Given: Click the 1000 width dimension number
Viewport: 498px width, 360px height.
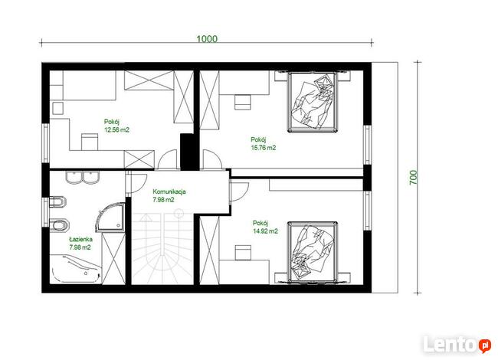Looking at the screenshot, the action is (207, 39).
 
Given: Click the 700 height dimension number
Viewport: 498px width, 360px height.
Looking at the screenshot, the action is (413, 178).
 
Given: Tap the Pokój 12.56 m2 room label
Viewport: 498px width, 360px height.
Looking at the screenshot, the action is (116, 126).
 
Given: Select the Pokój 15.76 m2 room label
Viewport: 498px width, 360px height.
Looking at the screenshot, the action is (264, 143).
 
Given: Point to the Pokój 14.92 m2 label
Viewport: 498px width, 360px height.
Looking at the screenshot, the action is (265, 227).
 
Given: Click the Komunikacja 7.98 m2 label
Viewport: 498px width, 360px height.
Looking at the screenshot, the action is (169, 195).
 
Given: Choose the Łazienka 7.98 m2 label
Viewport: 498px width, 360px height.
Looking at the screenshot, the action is (80, 243).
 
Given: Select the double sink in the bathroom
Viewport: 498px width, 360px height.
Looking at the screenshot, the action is (83, 177).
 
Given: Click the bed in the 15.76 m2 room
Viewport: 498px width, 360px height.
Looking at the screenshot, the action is (312, 102).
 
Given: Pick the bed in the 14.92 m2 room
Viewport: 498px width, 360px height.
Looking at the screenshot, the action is (312, 252).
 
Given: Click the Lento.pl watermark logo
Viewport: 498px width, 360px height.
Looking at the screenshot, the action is (457, 344).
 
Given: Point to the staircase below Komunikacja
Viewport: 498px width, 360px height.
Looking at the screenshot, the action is (162, 248).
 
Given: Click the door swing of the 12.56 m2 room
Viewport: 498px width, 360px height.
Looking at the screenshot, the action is (167, 159).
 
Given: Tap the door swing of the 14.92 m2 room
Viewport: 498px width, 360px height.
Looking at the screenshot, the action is (239, 191).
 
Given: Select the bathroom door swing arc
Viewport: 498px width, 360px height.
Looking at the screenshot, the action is (137, 183).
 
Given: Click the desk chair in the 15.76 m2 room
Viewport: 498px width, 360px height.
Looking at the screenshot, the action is (242, 102).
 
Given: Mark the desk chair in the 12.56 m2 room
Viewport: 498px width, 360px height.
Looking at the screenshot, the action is (90, 142).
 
